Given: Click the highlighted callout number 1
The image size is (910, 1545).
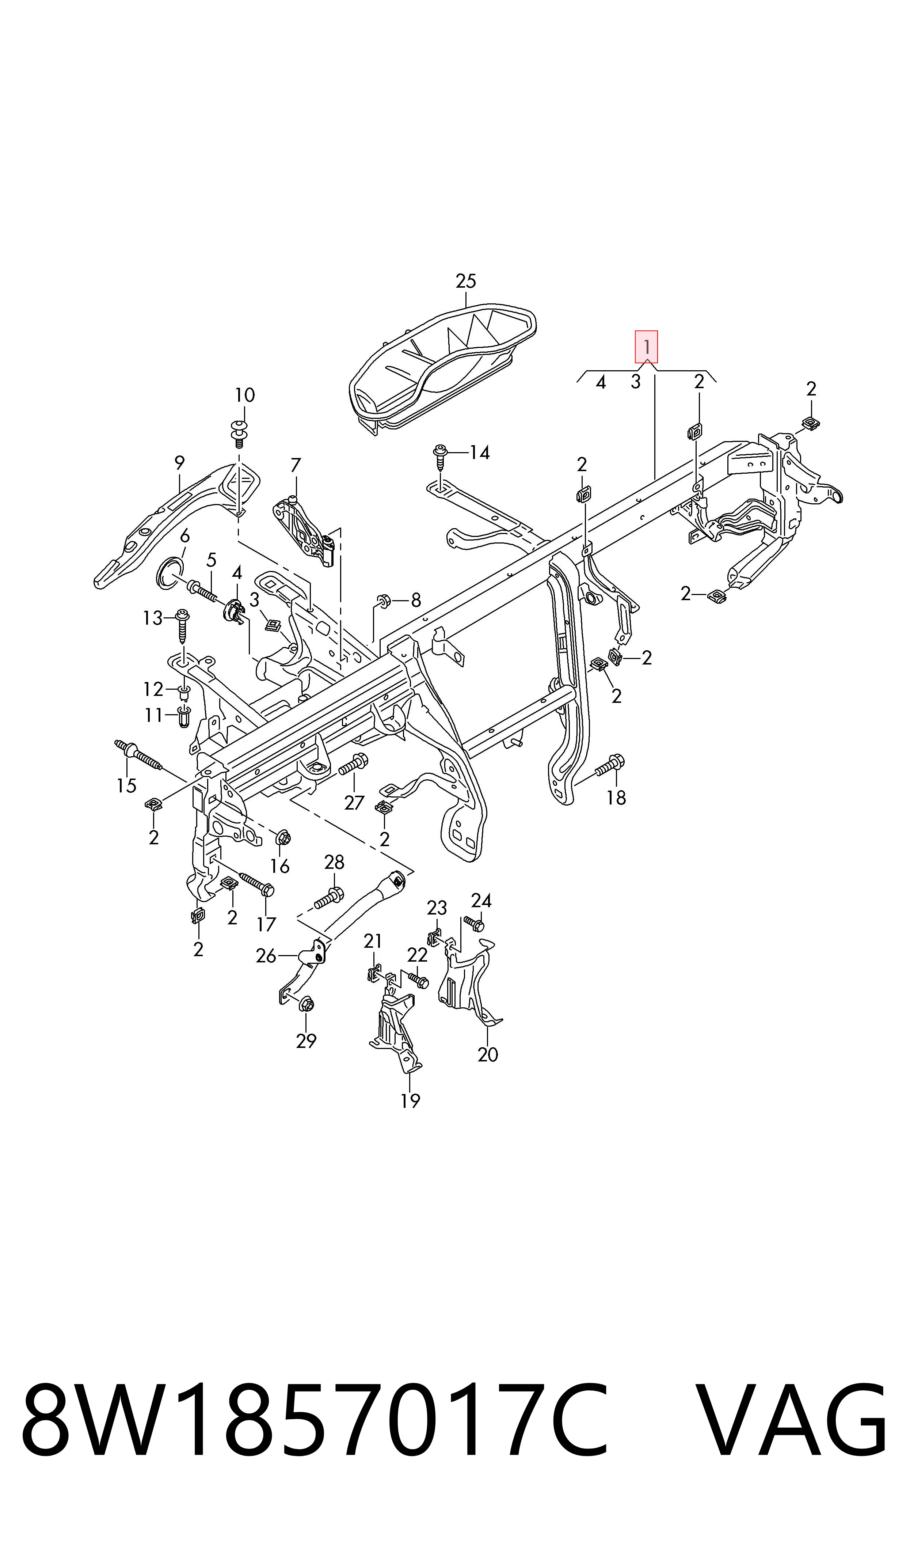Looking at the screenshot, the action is click(x=646, y=347).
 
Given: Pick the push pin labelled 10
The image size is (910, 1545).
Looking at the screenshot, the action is click(x=239, y=429).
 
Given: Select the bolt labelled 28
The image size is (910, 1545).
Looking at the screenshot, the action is click(x=329, y=899).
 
